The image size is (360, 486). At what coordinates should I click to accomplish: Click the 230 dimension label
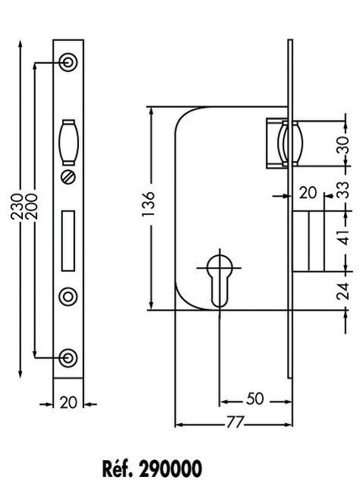coord(17,207)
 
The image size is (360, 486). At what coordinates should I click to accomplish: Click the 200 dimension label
coord(31,207)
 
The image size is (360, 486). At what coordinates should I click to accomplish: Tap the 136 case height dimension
coord(148,204)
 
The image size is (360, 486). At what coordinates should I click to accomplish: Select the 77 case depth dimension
coord(235,422)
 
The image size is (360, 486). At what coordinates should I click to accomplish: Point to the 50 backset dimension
coord(254,399)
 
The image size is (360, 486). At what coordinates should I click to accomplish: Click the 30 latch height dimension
coord(343,145)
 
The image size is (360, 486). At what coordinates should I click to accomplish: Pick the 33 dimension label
coord(343,190)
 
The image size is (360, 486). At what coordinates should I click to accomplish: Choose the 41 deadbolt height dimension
coord(343,237)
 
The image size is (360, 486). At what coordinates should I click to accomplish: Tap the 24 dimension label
coord(343,291)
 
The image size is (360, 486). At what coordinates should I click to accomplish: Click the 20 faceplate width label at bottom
coord(68,402)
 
